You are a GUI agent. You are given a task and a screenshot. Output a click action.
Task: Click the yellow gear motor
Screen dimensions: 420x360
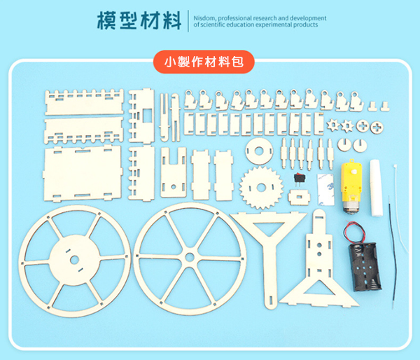351,186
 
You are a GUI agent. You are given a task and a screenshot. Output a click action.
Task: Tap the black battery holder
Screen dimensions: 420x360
365,266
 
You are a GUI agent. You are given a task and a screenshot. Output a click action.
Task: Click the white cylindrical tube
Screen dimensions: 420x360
377,188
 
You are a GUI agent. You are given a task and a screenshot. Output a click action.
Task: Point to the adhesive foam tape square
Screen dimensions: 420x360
325,189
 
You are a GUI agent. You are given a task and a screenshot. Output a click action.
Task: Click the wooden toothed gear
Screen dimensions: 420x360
261,188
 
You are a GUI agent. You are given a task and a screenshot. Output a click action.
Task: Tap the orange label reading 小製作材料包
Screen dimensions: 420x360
204,62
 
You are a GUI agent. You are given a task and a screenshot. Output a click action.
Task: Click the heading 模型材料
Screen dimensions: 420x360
139,20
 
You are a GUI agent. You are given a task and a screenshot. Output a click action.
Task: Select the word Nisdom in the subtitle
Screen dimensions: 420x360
204,18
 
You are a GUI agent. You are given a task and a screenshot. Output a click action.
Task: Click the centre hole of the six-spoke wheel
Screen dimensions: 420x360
190,257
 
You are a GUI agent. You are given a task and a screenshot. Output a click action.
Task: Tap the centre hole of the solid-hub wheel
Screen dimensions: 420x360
75,259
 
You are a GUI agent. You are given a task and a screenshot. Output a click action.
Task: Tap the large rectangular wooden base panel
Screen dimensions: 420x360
83,174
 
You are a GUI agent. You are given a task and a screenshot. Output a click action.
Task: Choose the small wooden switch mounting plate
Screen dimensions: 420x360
299,198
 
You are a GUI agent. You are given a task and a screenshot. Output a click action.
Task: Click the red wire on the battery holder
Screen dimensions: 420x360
355,232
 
